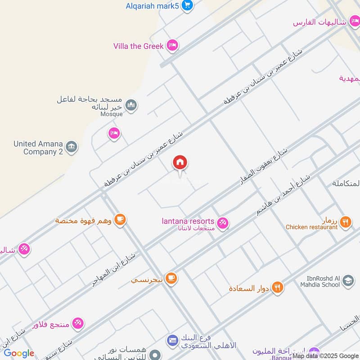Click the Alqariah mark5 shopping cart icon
(188, 5)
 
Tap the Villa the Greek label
(138, 46)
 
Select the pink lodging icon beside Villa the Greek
(171, 45)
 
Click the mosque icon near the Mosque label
(131, 105)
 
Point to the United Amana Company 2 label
(38, 148)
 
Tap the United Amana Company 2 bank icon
(71, 147)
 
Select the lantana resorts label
(188, 221)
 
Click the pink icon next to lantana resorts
(222, 222)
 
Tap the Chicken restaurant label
(311, 227)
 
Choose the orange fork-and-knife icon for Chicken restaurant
(346, 221)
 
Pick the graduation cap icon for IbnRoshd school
(348, 282)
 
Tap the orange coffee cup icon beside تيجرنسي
(171, 278)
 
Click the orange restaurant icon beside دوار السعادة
(278, 287)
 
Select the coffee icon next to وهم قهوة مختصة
(120, 219)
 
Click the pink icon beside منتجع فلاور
(78, 323)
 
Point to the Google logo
(19, 353)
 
